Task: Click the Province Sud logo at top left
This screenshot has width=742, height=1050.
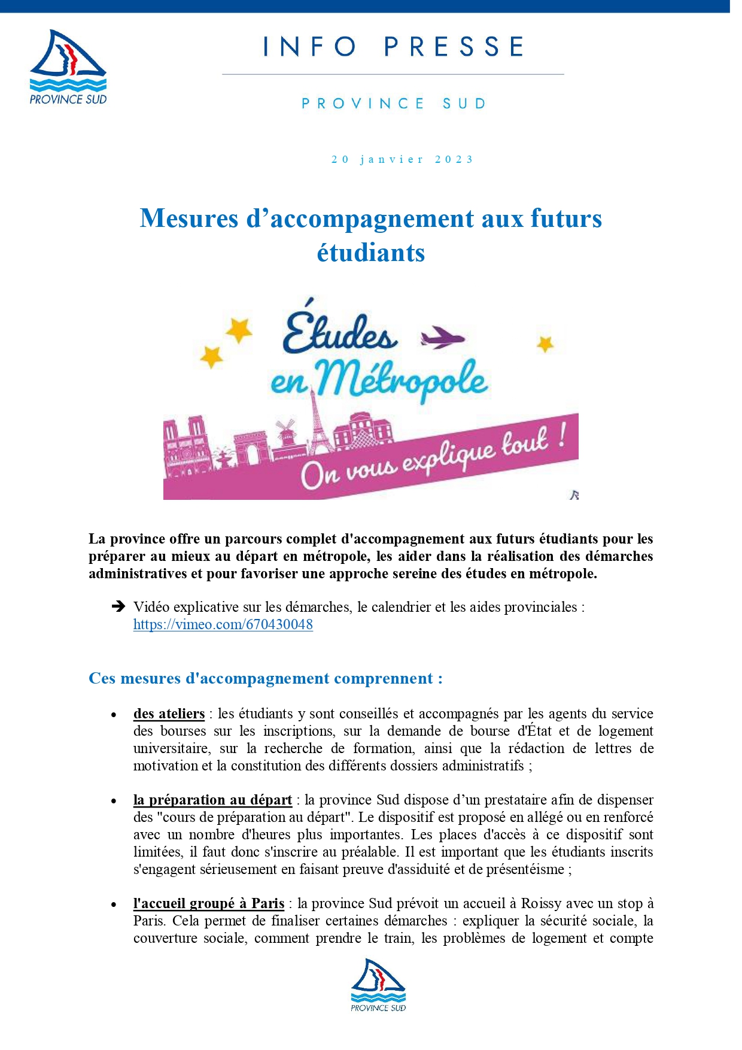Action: [x=68, y=67]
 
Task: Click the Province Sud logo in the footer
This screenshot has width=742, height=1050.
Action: [x=378, y=985]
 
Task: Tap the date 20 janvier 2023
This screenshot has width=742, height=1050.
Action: [x=402, y=159]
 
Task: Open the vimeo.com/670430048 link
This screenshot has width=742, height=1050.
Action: [x=223, y=624]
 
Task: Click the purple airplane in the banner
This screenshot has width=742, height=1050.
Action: [x=442, y=338]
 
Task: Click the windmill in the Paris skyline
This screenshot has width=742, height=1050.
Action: [x=285, y=432]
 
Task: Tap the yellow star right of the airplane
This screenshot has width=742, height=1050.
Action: [x=545, y=344]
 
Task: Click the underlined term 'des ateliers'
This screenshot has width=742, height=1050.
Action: [x=169, y=714]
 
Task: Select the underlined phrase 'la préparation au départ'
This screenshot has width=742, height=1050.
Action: [x=212, y=800]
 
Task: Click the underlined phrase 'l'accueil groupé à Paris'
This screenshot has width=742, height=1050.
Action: [x=208, y=903]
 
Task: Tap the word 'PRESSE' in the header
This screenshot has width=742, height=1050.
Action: [x=454, y=47]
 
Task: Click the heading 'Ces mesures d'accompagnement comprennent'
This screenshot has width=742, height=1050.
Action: [x=265, y=678]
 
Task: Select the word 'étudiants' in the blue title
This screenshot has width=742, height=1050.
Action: [x=370, y=252]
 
